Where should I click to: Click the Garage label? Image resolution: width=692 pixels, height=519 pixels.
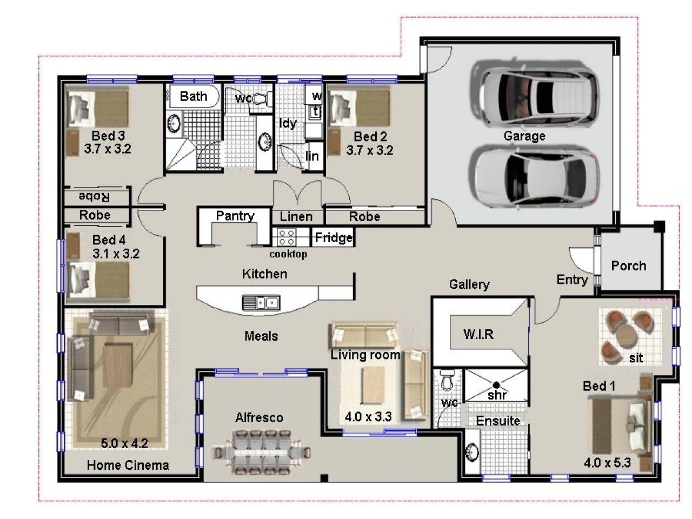[x=524, y=136]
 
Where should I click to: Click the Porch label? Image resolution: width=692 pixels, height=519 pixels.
[x=628, y=265]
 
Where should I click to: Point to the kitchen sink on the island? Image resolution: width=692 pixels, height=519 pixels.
[x=261, y=302]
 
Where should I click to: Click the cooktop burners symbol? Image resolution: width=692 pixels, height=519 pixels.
[x=285, y=237]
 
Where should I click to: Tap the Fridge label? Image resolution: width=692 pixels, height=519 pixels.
[x=334, y=237]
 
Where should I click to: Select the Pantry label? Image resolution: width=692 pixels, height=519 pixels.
[x=235, y=216]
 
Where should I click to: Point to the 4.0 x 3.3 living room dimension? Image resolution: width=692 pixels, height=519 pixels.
[x=368, y=417]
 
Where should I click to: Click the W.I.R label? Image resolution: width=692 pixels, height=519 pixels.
[x=478, y=334]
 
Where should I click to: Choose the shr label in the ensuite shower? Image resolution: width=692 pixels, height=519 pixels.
[x=497, y=395]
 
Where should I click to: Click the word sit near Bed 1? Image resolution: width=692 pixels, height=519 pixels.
[x=636, y=357]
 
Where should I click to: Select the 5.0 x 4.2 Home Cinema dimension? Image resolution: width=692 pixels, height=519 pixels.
[x=124, y=444]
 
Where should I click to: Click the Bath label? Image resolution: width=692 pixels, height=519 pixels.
[x=194, y=96]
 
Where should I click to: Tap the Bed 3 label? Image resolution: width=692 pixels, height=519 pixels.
[x=108, y=136]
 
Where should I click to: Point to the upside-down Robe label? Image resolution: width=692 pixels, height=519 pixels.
[x=94, y=197]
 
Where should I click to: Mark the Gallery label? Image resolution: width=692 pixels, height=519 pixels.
[x=469, y=284]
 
